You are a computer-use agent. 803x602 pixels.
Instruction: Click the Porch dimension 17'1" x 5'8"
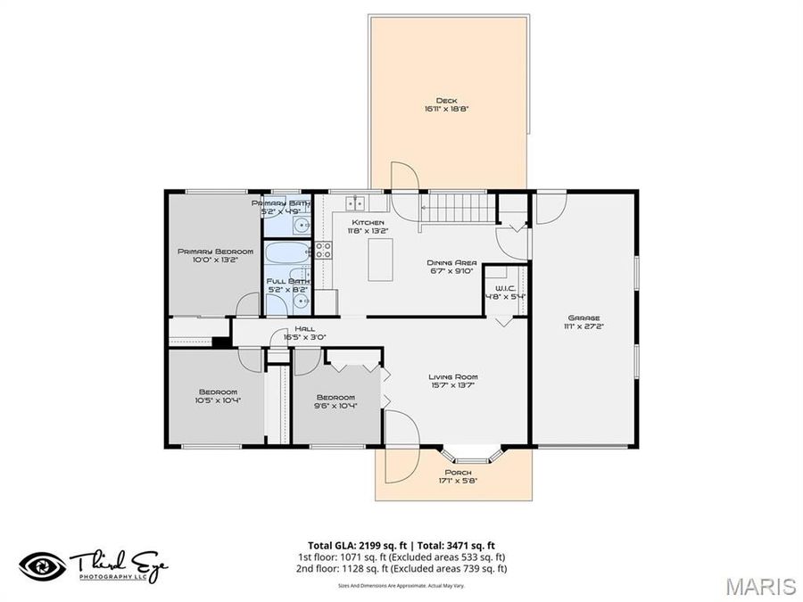click(458, 481)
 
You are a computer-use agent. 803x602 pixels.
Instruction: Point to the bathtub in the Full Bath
click(286, 252)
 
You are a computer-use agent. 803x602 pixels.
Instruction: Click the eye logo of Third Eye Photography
click(42, 565)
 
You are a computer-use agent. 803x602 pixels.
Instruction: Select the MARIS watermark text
click(760, 586)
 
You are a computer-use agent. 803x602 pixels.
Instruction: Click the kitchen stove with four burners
click(323, 251)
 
